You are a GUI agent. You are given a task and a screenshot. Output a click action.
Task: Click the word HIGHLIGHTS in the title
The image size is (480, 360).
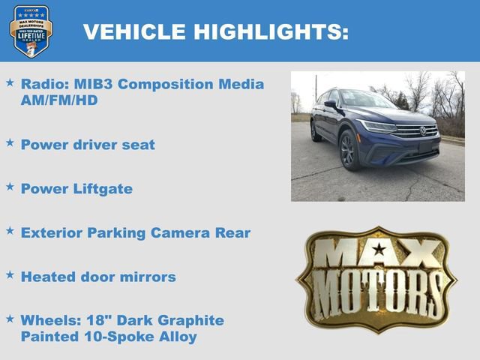[x=271, y=31]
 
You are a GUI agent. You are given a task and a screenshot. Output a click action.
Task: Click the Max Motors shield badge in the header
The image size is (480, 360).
[x=31, y=31]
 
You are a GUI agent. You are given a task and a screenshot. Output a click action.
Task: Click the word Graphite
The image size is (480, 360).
[x=187, y=320]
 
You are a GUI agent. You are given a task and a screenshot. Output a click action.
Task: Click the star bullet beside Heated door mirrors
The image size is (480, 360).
[x=10, y=275]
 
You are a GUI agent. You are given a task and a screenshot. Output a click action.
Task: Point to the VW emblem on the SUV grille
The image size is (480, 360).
[x=422, y=130]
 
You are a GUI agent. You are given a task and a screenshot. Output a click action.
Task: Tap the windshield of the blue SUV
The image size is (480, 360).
[x=367, y=100]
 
